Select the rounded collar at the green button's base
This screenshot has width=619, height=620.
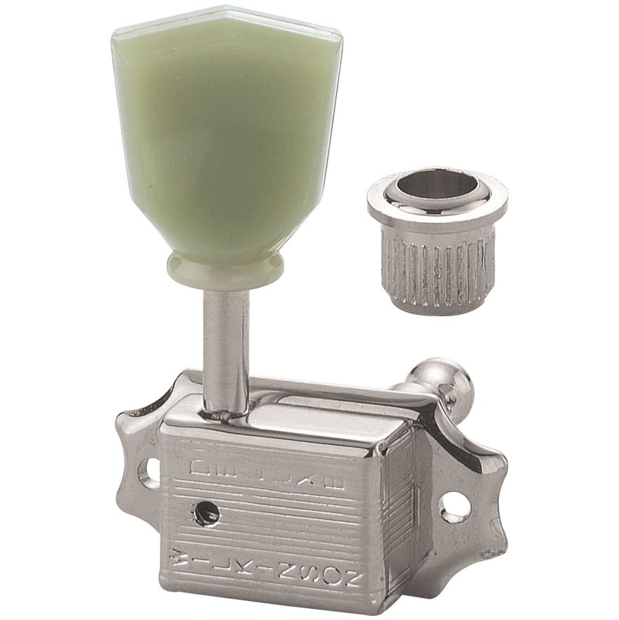tap(224, 270)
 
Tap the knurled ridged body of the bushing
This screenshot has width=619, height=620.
tap(437, 272)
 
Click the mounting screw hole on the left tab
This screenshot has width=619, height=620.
tap(149, 473)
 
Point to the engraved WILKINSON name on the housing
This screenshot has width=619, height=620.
tap(266, 562)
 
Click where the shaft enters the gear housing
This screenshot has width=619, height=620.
tap(225, 415)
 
